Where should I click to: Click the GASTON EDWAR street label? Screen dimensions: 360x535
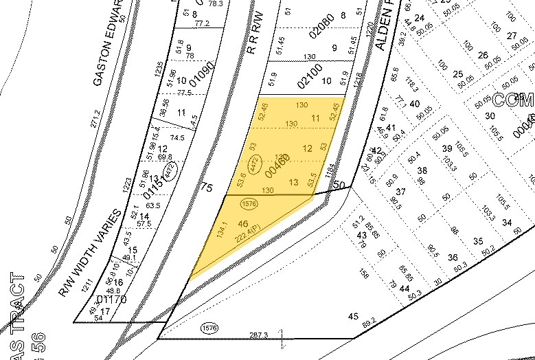click(108, 45)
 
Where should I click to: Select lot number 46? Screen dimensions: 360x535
click(242, 224)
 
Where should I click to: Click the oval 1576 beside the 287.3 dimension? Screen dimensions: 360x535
click(209, 329)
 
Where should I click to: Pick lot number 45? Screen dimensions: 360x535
click(354, 317)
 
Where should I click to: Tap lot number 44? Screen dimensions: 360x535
click(403, 288)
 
